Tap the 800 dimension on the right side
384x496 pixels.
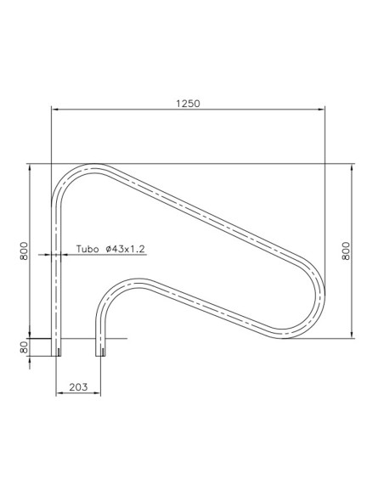[x=346, y=251]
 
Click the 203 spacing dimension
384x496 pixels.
[x=78, y=386]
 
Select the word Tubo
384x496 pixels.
[x=87, y=248]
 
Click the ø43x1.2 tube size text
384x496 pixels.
[x=126, y=248]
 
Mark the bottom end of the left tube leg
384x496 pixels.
[x=58, y=353]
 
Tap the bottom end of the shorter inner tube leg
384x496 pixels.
[x=101, y=353]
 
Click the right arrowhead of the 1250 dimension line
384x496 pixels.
[x=323, y=109]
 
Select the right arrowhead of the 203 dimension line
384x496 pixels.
[x=99, y=394]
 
